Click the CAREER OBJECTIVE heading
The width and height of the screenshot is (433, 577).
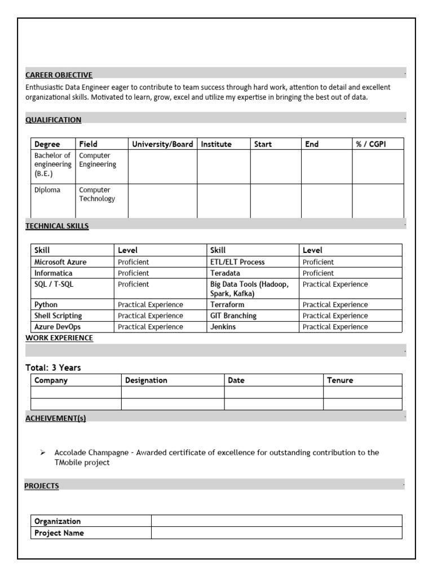[x=59, y=75]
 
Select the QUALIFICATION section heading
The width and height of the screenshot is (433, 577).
[x=53, y=119]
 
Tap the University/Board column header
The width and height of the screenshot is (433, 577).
[x=162, y=144]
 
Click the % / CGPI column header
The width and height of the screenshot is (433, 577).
[x=371, y=144]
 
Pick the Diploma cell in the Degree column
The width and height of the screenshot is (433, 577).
[x=47, y=190]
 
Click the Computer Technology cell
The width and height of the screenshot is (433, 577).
[x=97, y=194]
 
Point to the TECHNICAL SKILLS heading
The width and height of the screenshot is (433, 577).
[x=57, y=226]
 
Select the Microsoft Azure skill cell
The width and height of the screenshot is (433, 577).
[x=60, y=262]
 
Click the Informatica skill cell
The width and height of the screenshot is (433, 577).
[x=53, y=273]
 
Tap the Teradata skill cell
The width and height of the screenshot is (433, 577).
[x=227, y=273]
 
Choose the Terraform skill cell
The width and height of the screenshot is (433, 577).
[x=227, y=305]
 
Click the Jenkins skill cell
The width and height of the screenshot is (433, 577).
[x=223, y=327]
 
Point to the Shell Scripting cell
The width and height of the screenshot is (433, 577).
[x=58, y=316]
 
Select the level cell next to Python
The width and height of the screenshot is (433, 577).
[x=150, y=305]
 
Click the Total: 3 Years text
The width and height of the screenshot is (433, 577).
[x=53, y=367]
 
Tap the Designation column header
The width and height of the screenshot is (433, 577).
[x=146, y=380]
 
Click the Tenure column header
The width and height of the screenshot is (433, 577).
[x=340, y=380]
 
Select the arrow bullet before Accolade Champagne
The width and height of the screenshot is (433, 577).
[x=42, y=452]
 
